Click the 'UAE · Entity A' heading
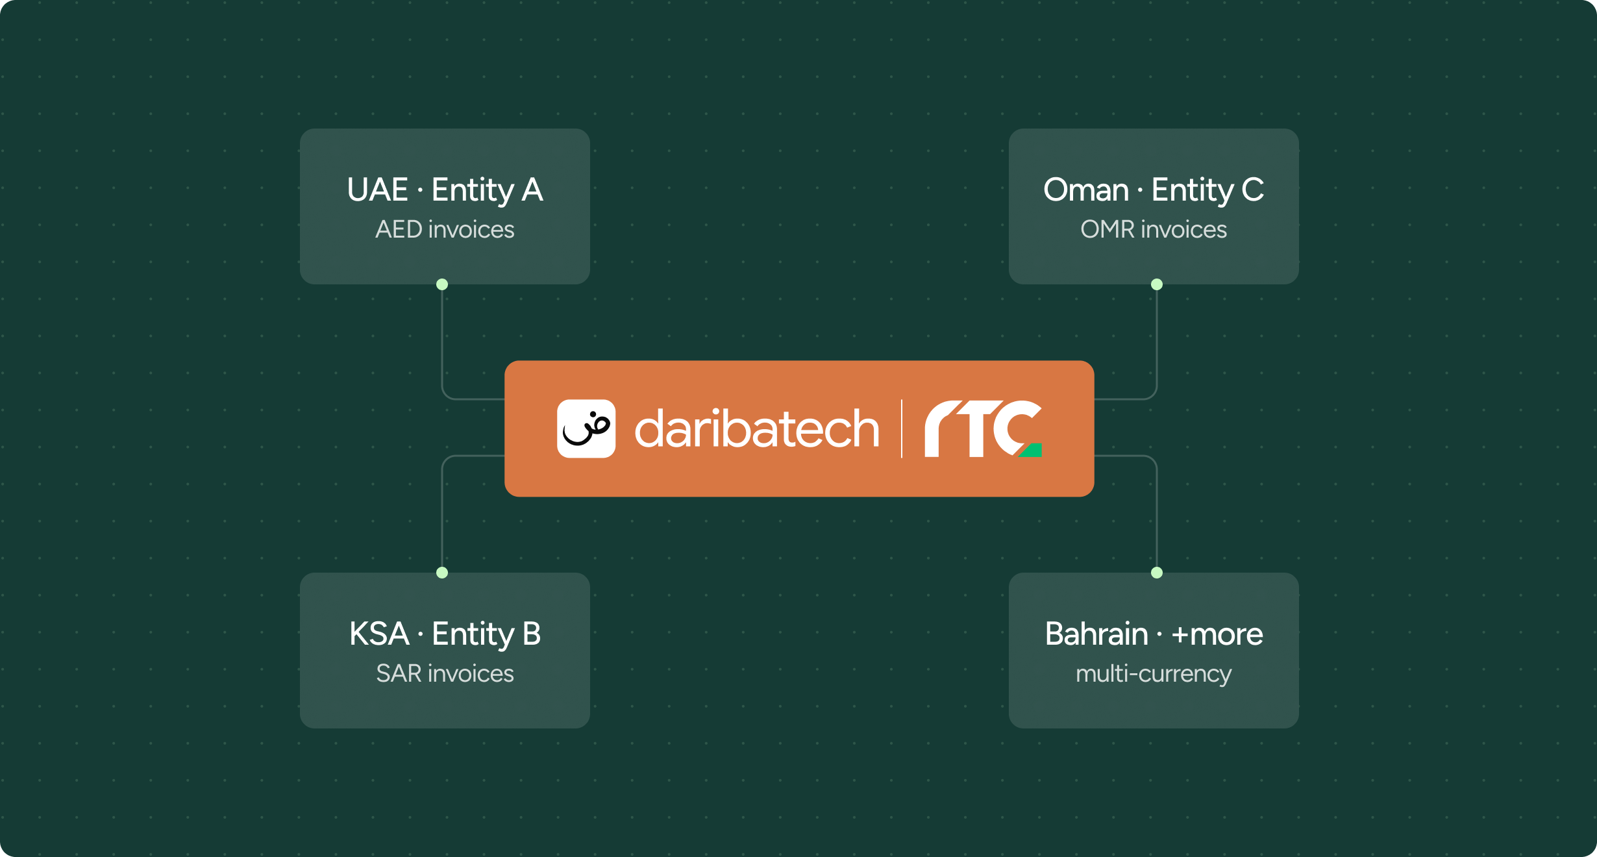(445, 190)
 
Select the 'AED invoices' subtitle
(445, 229)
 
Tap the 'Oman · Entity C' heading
(1154, 190)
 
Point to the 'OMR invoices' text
(1154, 229)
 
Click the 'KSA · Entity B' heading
(445, 634)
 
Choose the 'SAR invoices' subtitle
(445, 673)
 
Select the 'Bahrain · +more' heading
(1154, 634)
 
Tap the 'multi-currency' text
(1154, 674)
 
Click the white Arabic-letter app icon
(586, 429)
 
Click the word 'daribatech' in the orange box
(757, 429)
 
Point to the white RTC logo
(983, 429)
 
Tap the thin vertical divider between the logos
(902, 429)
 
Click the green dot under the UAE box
(442, 284)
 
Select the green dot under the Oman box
(1157, 284)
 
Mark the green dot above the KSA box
(442, 573)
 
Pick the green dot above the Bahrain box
(1157, 573)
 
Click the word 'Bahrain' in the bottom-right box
(1096, 634)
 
